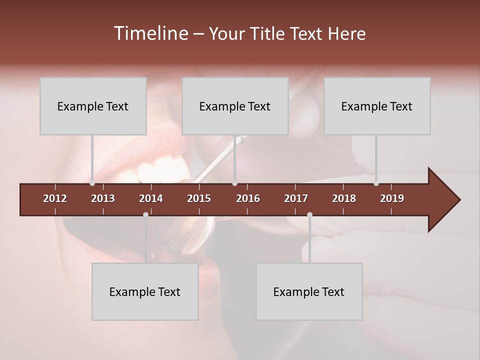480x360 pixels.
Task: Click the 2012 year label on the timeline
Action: coord(55,198)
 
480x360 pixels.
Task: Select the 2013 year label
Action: coord(103,198)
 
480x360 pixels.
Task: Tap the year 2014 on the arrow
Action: coord(151,198)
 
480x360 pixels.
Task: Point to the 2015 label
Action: coord(199,198)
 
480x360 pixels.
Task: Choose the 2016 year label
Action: coord(248,198)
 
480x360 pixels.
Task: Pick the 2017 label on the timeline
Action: coord(296,198)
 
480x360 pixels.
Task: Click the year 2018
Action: coord(344,198)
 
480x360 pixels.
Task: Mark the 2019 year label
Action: coord(392,198)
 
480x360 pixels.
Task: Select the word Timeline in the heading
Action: coord(150,33)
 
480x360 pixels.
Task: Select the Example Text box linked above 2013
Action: coord(93,106)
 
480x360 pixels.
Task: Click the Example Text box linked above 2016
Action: coord(235,106)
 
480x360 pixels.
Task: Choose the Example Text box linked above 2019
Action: coord(377,106)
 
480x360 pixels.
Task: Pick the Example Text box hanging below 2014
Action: coord(145,291)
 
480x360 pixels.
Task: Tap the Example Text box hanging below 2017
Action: coord(309,291)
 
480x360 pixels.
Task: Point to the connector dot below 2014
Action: coord(145,214)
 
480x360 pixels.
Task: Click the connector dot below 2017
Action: coord(309,214)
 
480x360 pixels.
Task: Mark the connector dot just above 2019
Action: coord(376,183)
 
